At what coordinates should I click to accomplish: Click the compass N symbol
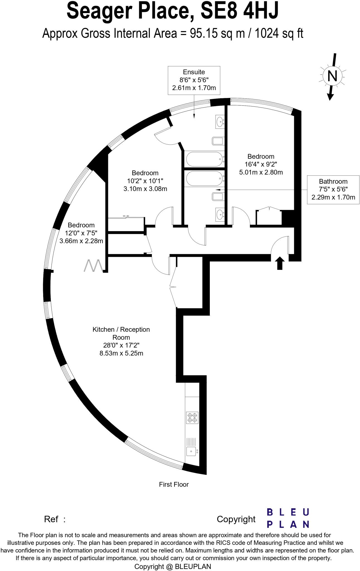[332, 76]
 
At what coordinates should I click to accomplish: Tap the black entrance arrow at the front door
[280, 263]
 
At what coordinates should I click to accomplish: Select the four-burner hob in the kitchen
[192, 418]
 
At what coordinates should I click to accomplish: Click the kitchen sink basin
[191, 451]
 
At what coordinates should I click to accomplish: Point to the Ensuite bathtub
[204, 159]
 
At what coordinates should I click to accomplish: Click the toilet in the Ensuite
[218, 141]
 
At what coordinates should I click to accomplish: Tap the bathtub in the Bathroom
[204, 179]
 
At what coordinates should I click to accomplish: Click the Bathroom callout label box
[333, 190]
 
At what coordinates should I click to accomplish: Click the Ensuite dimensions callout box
[194, 80]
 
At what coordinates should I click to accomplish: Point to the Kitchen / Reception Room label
[121, 333]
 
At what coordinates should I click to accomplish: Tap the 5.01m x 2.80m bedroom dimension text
[261, 172]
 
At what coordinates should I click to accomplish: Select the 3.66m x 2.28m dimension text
[81, 241]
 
